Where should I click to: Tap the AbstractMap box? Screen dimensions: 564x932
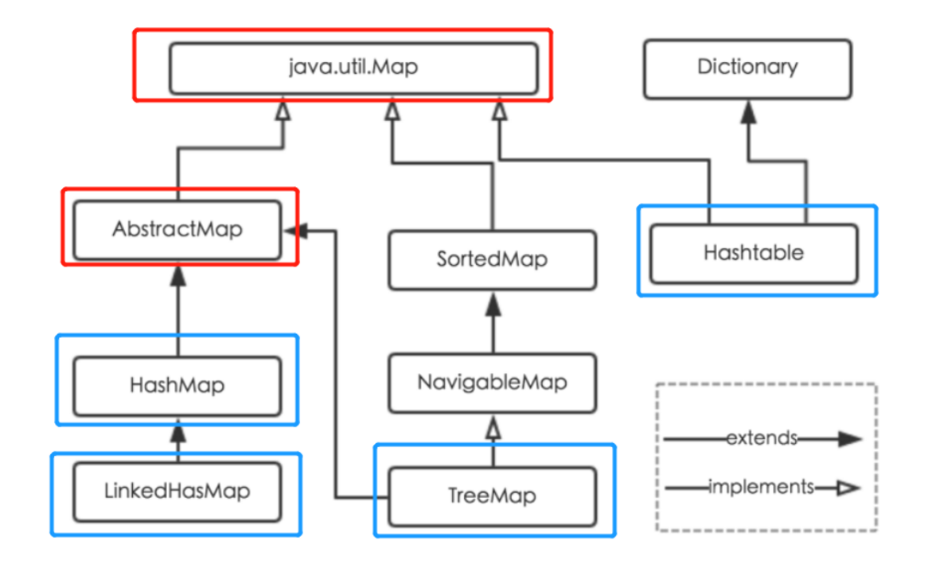[x=177, y=230]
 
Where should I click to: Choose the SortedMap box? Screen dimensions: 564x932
[x=492, y=259]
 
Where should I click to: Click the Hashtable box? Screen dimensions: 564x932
[x=753, y=254]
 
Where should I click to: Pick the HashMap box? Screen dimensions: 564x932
[x=177, y=386]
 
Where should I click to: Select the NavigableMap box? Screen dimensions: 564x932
[x=492, y=383]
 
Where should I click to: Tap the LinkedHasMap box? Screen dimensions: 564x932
[x=177, y=491]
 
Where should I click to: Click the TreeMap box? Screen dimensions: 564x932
[x=492, y=496]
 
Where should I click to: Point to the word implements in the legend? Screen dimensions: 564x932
[x=761, y=486]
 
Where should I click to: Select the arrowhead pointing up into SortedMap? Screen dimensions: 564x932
[x=493, y=302]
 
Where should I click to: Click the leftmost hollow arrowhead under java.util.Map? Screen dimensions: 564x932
[x=283, y=112]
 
